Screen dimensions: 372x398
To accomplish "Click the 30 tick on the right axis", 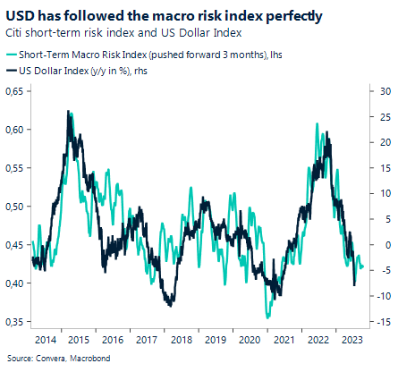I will [x=380, y=91].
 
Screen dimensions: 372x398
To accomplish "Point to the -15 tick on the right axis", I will [x=380, y=321].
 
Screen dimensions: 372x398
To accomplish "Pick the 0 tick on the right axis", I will [x=380, y=244].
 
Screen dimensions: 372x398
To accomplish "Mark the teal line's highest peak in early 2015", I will [x=69, y=111].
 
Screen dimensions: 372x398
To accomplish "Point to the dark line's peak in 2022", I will [x=330, y=137].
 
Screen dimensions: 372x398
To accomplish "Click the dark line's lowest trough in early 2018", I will [x=170, y=306].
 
